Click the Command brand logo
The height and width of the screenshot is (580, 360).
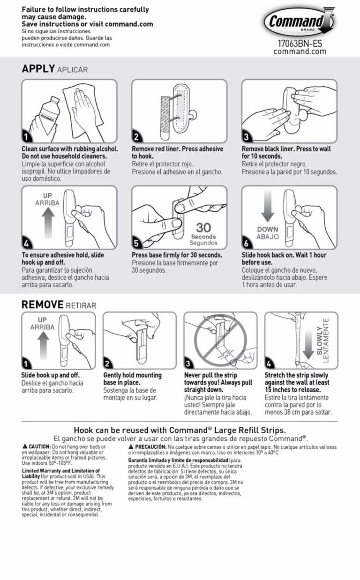click(300, 22)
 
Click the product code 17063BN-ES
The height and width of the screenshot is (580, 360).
click(300, 44)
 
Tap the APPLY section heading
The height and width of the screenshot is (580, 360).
click(38, 69)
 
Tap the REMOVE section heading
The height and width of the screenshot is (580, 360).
click(42, 305)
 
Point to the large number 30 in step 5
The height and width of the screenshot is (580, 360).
click(203, 228)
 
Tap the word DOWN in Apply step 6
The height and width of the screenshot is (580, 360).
click(267, 230)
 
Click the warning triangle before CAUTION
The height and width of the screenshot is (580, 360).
click(24, 447)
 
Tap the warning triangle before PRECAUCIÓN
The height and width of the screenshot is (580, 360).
click(131, 447)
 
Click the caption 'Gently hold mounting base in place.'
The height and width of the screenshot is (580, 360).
click(132, 379)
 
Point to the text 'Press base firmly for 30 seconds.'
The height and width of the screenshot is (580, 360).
click(177, 255)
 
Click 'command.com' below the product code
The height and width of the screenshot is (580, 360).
click(300, 52)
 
